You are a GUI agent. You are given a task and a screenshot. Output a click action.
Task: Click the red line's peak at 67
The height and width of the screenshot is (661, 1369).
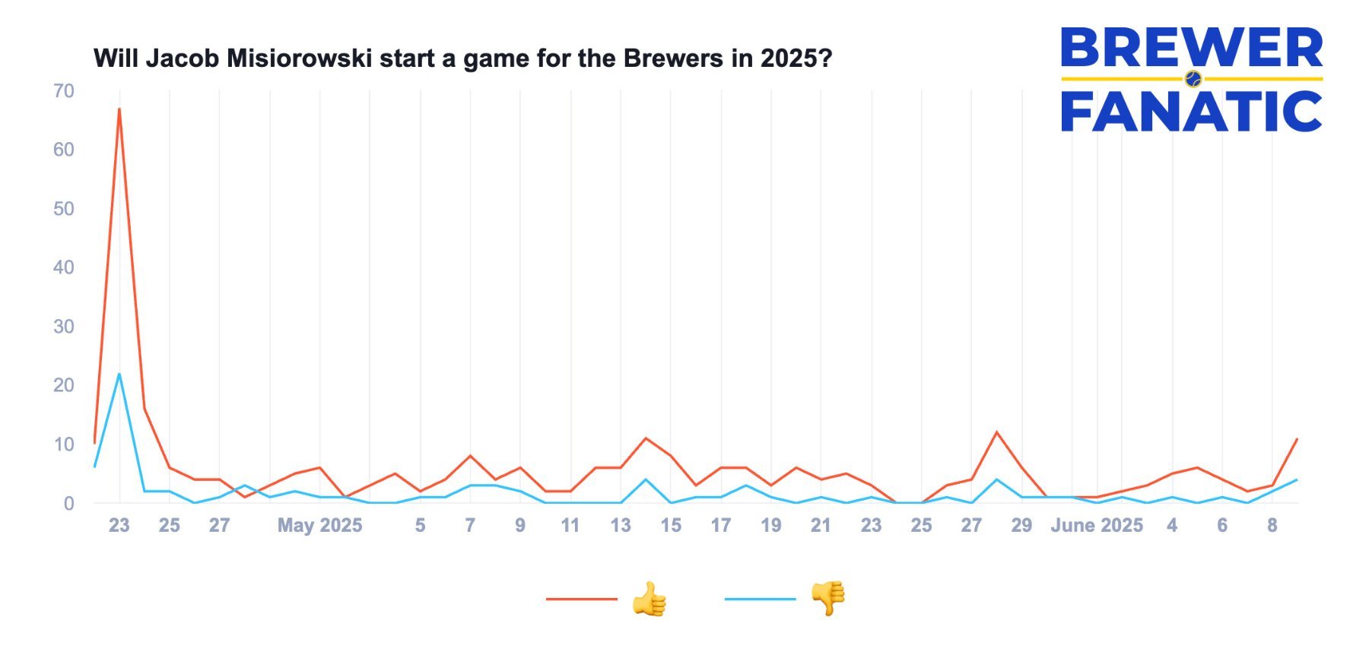[119, 109]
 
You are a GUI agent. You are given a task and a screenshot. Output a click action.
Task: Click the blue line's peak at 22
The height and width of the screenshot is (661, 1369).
[119, 374]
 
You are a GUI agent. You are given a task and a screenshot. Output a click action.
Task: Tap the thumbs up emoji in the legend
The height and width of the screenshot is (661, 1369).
[649, 599]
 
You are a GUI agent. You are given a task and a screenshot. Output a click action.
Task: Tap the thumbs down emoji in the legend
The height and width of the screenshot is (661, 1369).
[828, 599]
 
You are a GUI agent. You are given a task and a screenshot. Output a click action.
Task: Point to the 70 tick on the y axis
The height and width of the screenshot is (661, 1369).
[64, 91]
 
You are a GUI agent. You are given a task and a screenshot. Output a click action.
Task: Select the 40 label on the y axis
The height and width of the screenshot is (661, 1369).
[64, 267]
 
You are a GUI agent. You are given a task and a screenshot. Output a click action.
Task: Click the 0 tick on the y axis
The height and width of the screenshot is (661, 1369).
[69, 503]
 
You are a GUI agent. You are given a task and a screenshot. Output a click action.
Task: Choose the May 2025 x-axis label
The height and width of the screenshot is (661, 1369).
[319, 526]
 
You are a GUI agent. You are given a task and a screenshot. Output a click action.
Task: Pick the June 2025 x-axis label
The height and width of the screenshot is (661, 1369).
[1096, 526]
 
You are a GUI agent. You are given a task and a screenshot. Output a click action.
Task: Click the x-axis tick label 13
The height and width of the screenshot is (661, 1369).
[621, 526]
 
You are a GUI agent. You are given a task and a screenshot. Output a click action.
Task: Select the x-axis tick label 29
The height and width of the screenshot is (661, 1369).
[1021, 526]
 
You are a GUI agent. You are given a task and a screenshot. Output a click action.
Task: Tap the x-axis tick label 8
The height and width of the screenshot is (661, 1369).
[1272, 526]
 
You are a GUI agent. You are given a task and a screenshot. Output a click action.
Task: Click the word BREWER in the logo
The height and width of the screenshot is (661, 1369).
[1192, 48]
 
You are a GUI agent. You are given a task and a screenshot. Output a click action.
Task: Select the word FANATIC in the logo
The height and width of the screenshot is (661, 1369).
[1192, 111]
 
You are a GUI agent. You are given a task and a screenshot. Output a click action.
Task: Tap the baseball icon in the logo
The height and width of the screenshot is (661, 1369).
[1193, 78]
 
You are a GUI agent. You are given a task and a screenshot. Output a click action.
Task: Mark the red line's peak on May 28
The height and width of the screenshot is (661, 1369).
[996, 432]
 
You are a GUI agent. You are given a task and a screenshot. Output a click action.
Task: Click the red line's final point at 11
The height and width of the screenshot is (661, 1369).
[1297, 439]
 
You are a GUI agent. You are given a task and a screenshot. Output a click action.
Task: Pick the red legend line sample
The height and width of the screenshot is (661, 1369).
[582, 599]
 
